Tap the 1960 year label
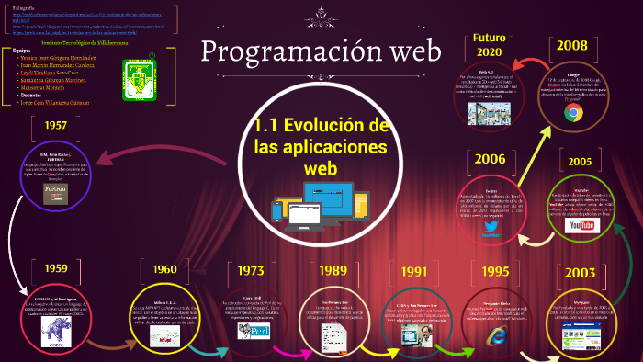click(x=164, y=269)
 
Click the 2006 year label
click(x=489, y=159)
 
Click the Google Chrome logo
click(x=574, y=113)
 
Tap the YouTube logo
click(x=581, y=225)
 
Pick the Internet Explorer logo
click(x=497, y=335)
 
